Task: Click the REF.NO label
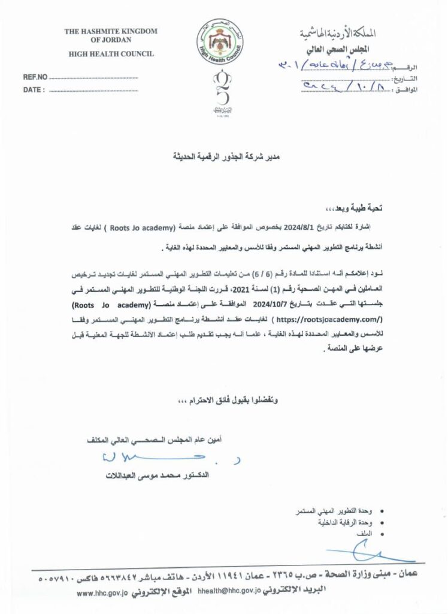[x=34, y=78]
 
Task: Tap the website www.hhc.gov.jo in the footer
[x=107, y=592]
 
